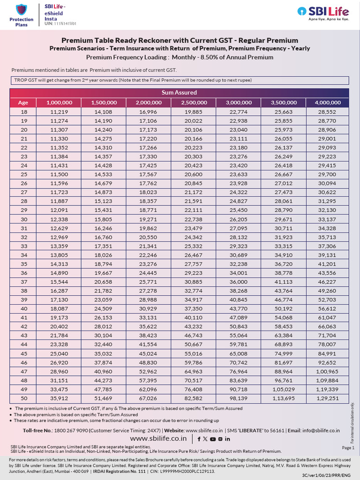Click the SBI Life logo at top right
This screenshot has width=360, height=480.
324,14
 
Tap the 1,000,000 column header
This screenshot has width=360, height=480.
59,102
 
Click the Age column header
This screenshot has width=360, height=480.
23,102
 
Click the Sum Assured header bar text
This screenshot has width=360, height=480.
179,92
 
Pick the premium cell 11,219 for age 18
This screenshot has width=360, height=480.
59,112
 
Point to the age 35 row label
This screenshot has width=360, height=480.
24,263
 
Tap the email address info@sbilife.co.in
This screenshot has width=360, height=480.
321,430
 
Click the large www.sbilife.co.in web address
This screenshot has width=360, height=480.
156,439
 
